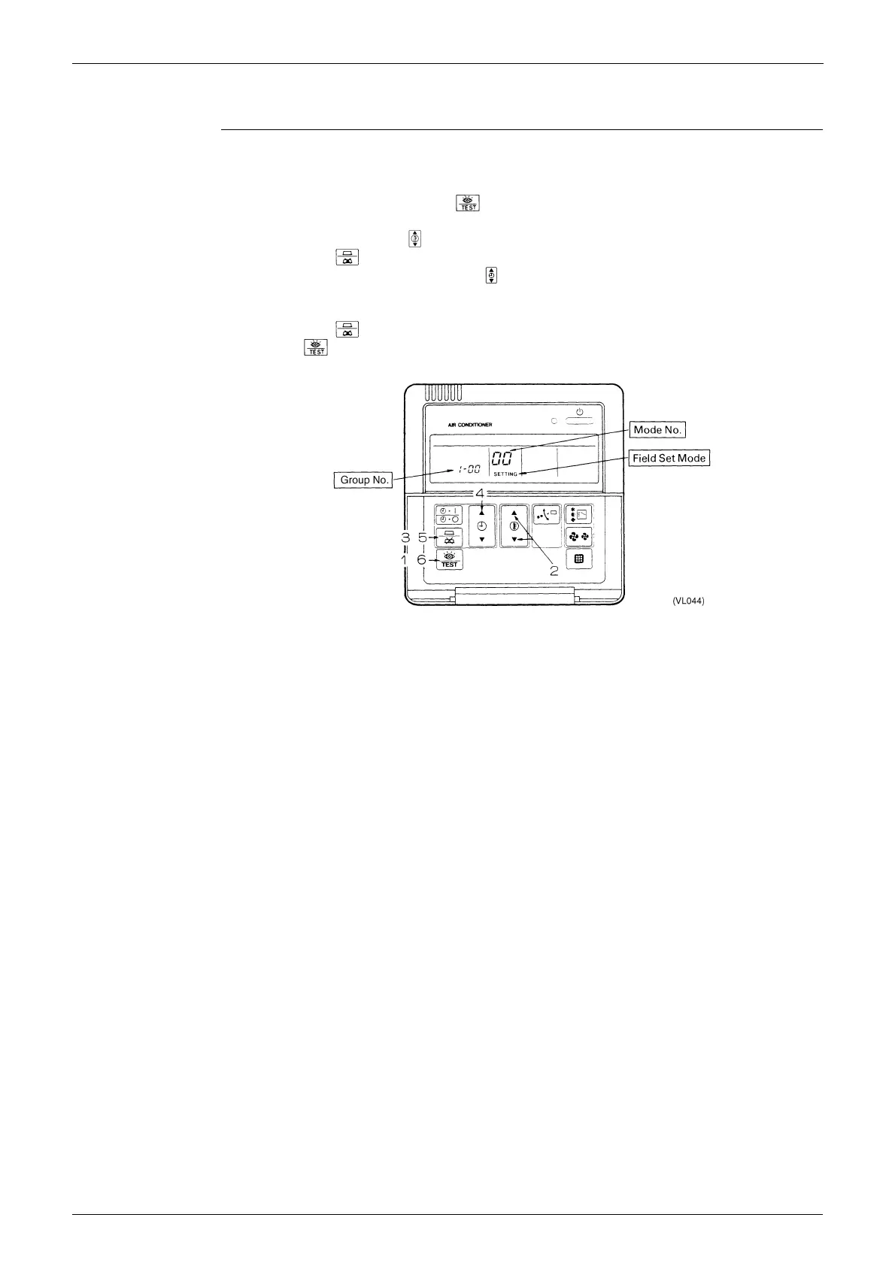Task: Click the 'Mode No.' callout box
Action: [658, 430]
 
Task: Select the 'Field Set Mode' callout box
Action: [669, 458]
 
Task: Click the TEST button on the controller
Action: [449, 560]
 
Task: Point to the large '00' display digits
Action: [502, 459]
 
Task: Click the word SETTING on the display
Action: [505, 474]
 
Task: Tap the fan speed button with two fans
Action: [578, 537]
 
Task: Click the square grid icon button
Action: [578, 559]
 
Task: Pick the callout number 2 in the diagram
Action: [554, 571]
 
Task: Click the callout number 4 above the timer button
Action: [479, 495]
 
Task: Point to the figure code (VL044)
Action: [689, 601]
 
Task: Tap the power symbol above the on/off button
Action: [579, 412]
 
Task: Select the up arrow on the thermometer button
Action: [514, 513]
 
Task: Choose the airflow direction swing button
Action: [546, 515]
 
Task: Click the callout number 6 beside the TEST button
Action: [422, 560]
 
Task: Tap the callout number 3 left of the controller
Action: [405, 538]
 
